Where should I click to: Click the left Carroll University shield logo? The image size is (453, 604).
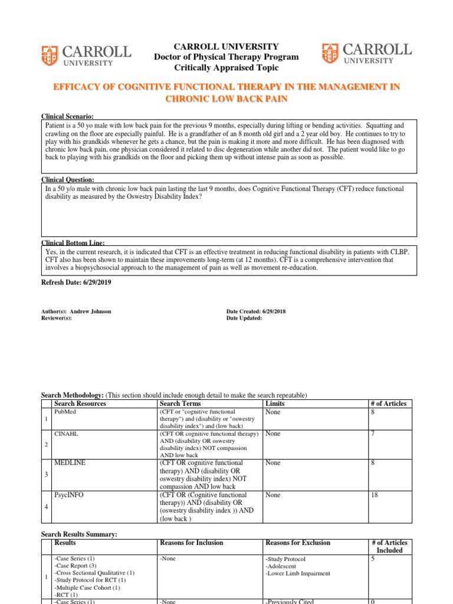(x=50, y=55)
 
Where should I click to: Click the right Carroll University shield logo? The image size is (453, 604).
(x=330, y=54)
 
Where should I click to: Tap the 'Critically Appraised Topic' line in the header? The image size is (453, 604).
(x=226, y=68)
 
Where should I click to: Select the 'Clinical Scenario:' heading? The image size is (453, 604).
(x=67, y=117)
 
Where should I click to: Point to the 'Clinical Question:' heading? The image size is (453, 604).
(x=67, y=179)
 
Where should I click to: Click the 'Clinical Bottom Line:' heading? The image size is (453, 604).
(x=73, y=242)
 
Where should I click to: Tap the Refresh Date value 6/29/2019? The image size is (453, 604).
(x=94, y=283)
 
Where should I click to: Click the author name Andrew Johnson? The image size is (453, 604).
(x=90, y=311)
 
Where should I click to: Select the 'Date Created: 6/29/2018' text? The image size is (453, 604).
(x=255, y=311)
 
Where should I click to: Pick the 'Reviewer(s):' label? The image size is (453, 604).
(x=56, y=318)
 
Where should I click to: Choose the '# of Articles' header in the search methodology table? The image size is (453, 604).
(x=388, y=403)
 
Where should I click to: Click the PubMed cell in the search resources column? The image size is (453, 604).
(x=62, y=412)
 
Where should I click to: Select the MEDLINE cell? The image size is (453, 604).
(x=70, y=463)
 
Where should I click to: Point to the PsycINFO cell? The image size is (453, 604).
(x=68, y=495)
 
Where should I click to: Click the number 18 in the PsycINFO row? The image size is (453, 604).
(x=374, y=495)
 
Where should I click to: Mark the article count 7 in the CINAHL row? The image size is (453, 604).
(x=372, y=434)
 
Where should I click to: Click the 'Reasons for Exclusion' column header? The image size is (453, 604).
(x=298, y=543)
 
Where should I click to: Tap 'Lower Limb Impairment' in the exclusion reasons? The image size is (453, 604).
(x=298, y=573)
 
